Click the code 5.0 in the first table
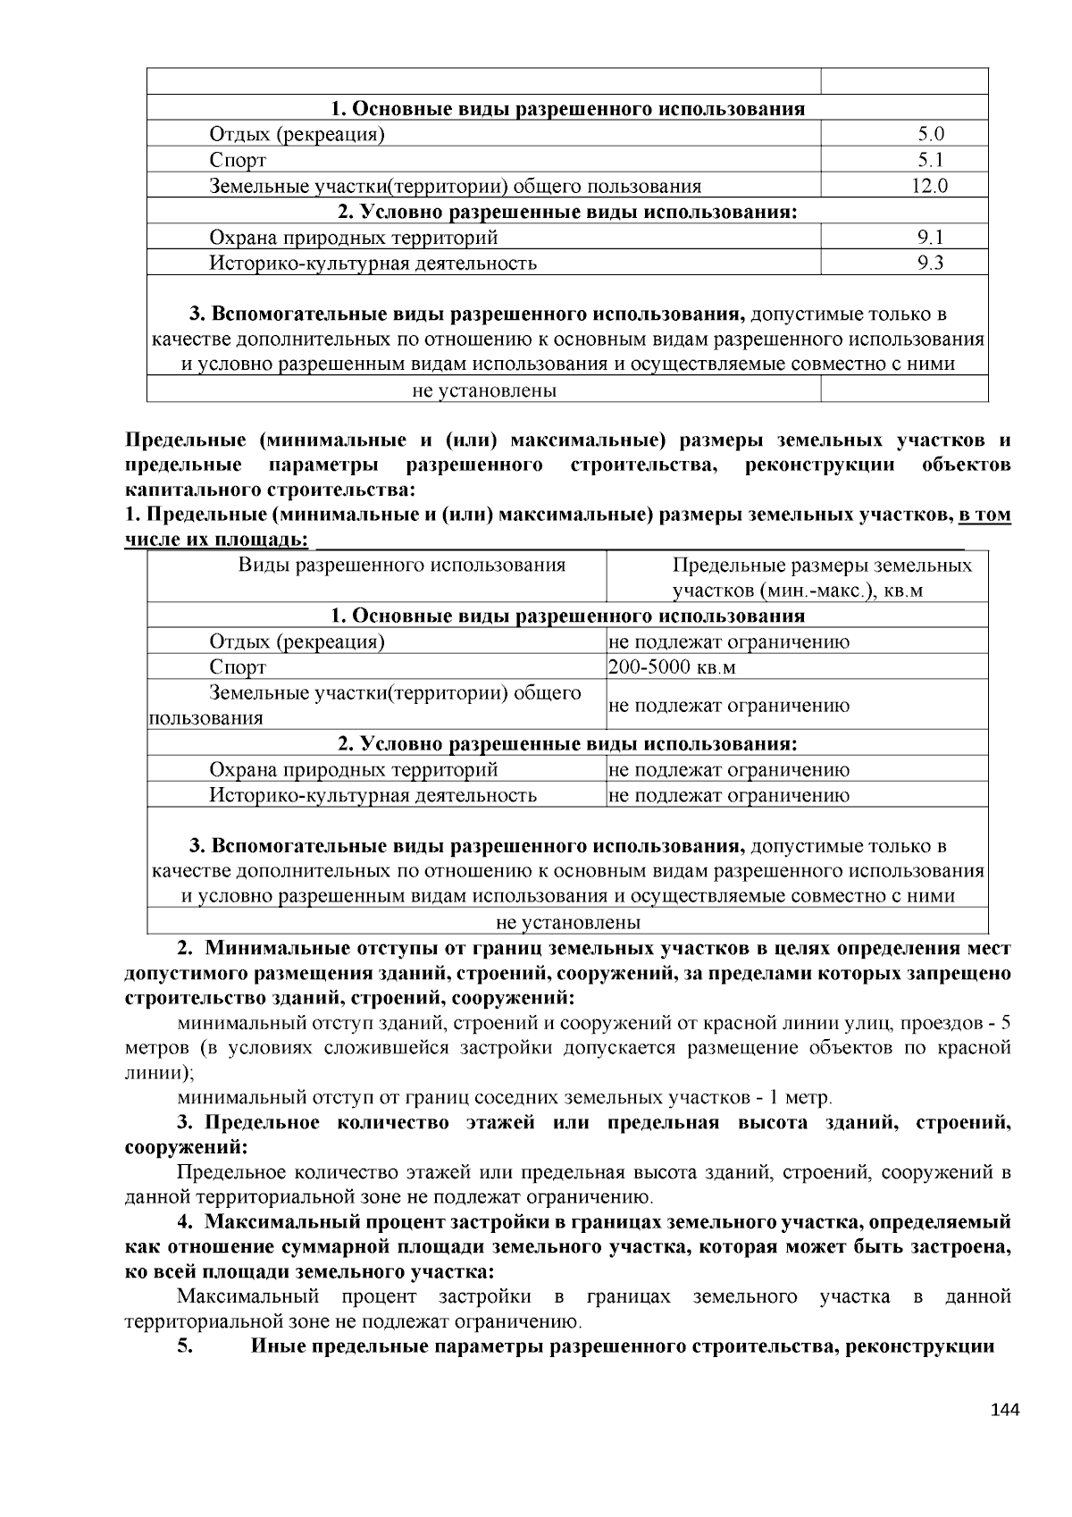931,135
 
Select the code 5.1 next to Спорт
931,161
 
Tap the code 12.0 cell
930,187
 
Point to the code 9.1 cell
931,238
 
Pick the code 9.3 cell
931,263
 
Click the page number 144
1005,1410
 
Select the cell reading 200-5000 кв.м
672,667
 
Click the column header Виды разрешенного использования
401,566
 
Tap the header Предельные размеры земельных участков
822,578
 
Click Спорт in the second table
238,667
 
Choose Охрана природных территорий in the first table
353,238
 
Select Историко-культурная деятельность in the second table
373,795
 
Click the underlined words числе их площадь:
217,541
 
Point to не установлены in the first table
484,390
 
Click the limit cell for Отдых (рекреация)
729,641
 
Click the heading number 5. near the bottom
185,1346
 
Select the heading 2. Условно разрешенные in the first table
567,212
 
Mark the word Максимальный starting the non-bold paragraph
248,1296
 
